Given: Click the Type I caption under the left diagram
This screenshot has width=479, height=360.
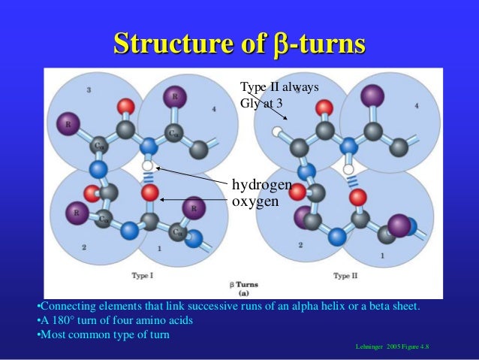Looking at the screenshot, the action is (x=143, y=276).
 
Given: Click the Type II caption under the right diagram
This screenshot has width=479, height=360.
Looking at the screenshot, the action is (x=345, y=276).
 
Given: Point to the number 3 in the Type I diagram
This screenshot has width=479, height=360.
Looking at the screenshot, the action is (x=89, y=90).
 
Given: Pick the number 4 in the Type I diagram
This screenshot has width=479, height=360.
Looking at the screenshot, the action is (x=214, y=110).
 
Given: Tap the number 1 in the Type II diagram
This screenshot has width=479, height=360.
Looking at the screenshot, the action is (x=383, y=256).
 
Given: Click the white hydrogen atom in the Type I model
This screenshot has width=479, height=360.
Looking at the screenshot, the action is (x=148, y=165).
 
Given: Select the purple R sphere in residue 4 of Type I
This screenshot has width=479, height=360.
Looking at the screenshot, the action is (x=175, y=96).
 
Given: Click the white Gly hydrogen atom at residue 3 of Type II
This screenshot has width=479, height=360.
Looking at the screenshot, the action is (x=276, y=133).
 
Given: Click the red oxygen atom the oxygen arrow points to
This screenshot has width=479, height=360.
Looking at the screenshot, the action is (x=149, y=193).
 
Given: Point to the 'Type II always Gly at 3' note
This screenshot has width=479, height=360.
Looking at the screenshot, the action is (x=279, y=95).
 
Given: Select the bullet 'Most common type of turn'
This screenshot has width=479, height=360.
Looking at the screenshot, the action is (x=105, y=334).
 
